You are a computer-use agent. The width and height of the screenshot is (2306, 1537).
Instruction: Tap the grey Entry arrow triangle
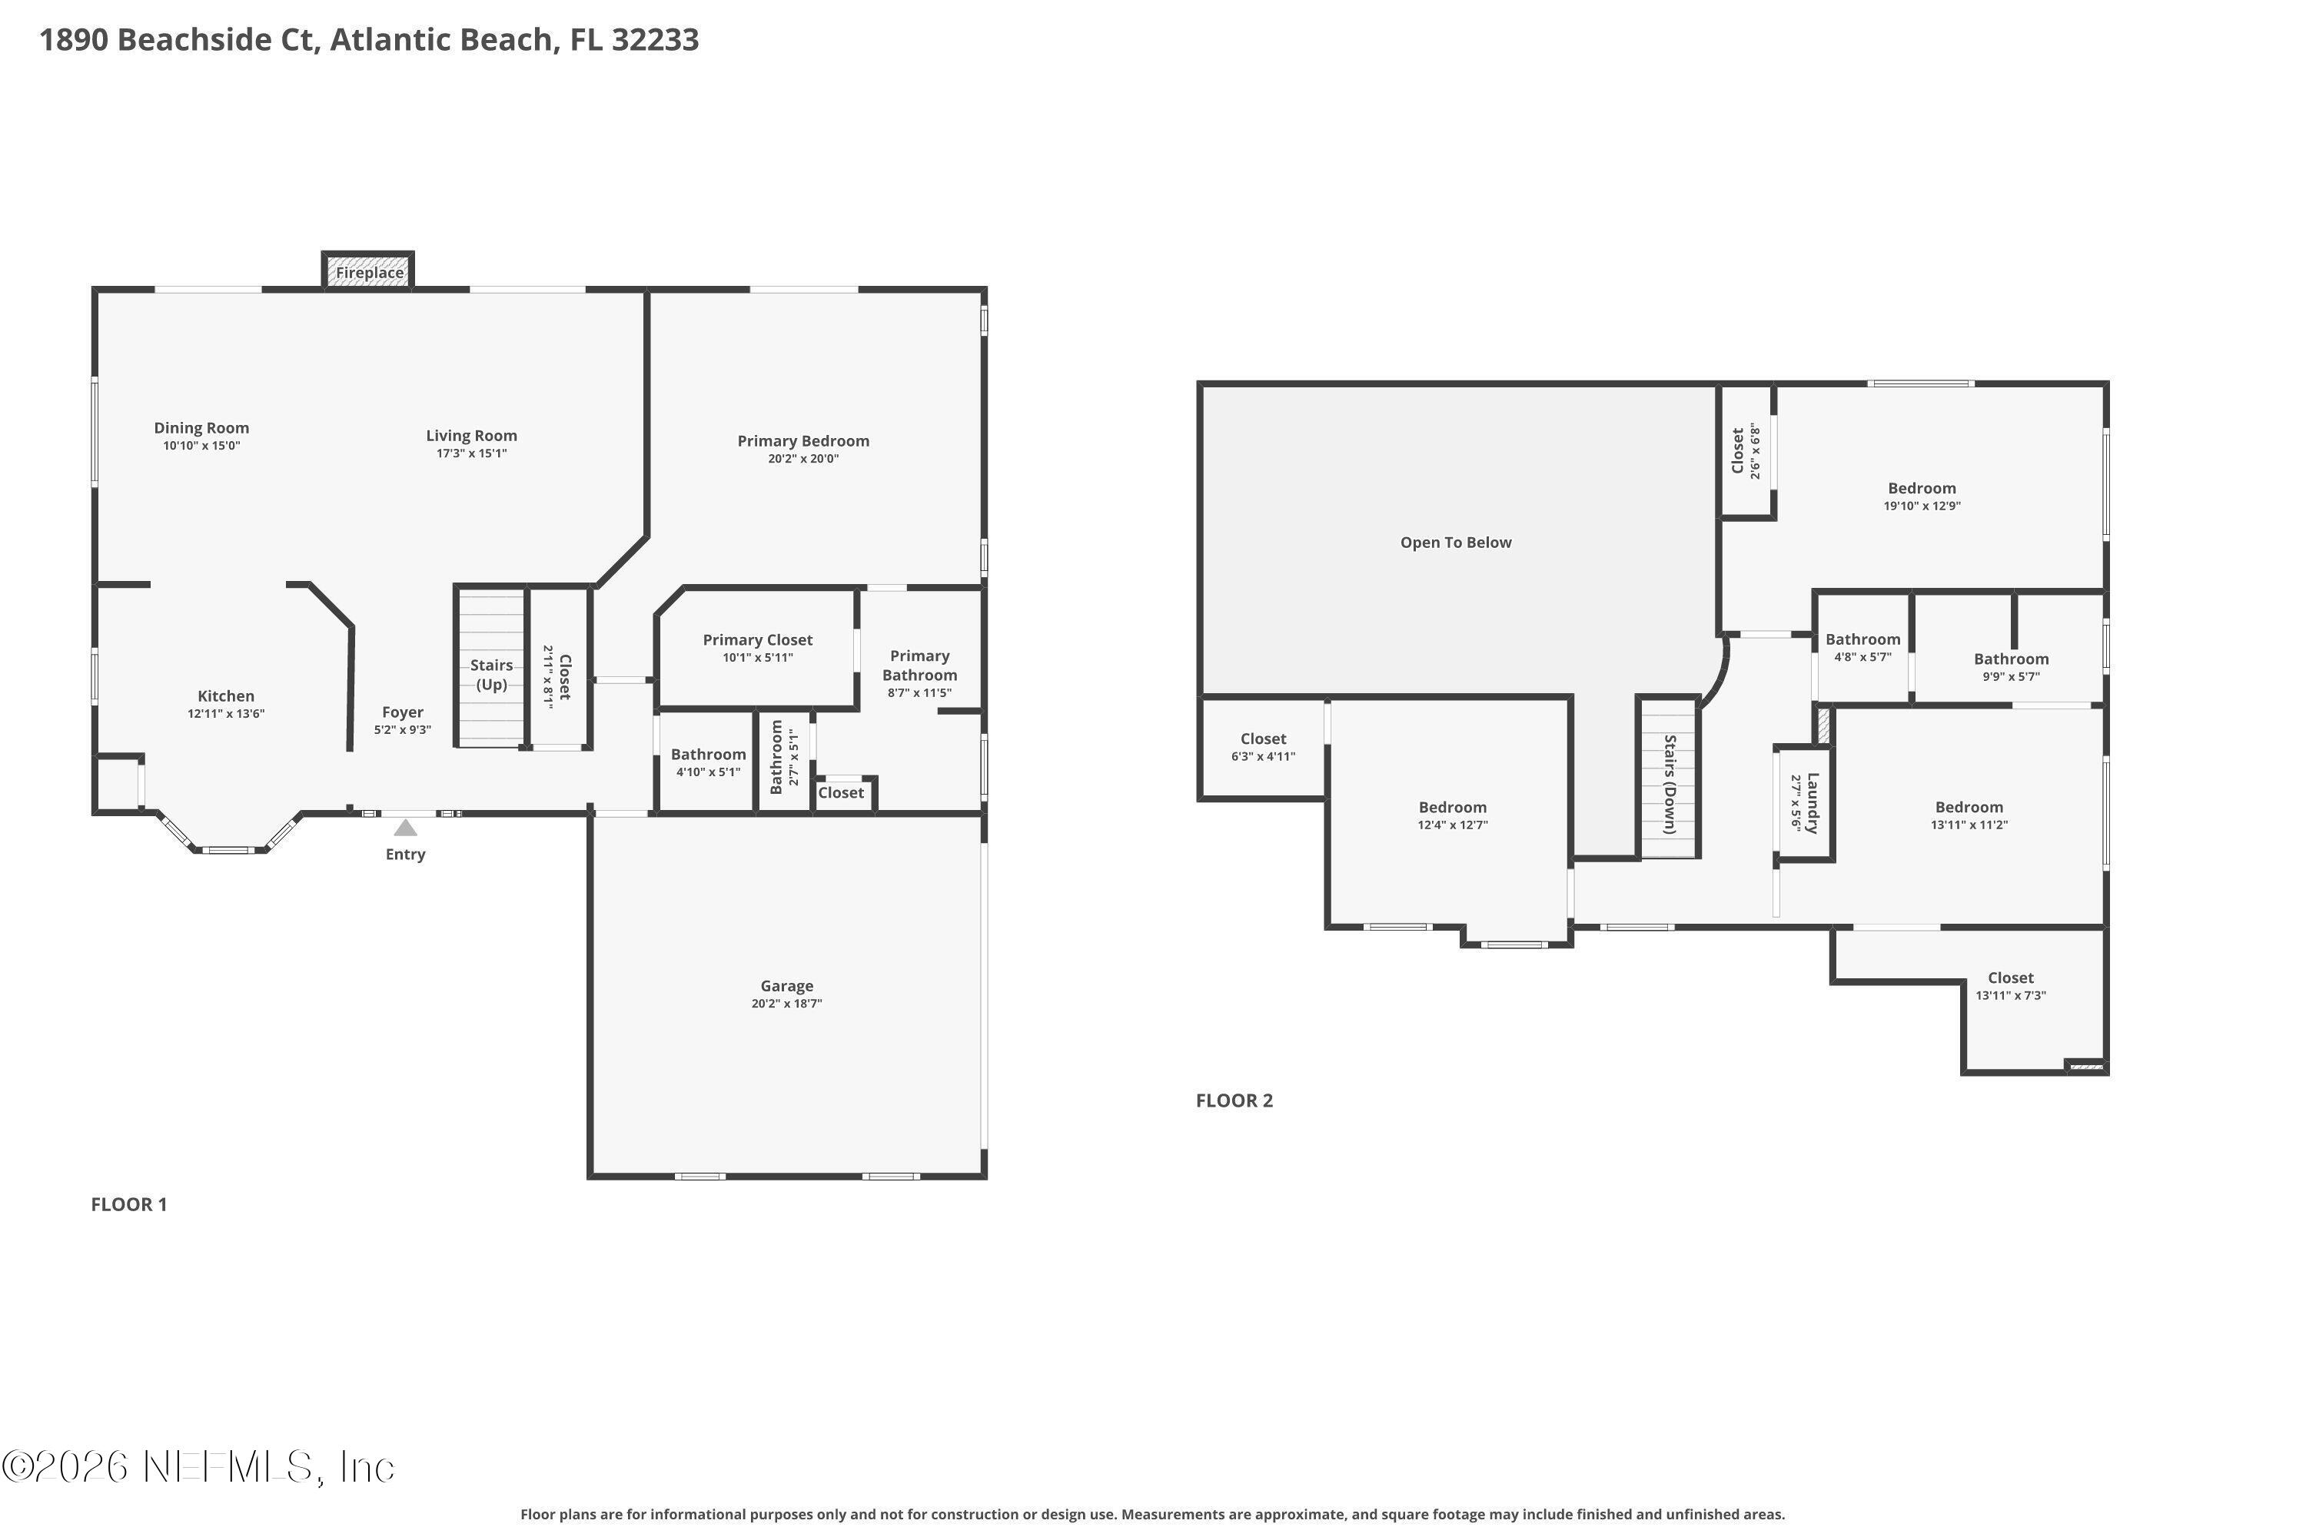405,828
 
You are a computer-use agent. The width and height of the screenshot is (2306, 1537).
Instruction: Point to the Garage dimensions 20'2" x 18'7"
786,1004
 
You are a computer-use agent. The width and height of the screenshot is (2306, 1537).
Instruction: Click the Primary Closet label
757,640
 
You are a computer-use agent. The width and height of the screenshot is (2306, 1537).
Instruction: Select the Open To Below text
1455,542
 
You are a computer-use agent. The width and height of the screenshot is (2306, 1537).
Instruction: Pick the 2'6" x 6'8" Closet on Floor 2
1745,451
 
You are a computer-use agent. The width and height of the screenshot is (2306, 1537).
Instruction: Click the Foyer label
402,712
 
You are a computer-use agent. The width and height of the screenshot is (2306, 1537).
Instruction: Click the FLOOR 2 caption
1234,1100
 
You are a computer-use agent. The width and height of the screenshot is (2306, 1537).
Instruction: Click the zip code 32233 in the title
655,40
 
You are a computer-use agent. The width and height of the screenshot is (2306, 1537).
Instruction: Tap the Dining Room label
201,428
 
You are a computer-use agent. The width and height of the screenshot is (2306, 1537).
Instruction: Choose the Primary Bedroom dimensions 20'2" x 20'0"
803,459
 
